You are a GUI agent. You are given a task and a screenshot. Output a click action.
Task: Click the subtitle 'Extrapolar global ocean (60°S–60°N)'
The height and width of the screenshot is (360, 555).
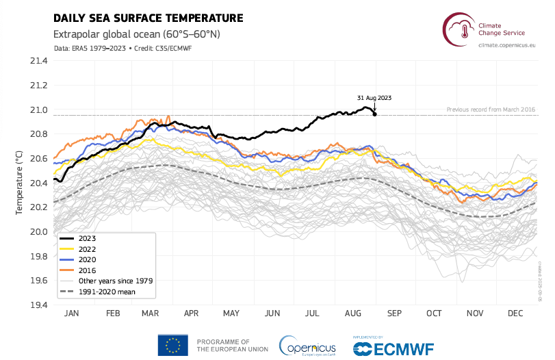point(136,34)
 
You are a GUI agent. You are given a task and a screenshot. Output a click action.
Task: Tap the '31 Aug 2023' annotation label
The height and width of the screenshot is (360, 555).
point(375,98)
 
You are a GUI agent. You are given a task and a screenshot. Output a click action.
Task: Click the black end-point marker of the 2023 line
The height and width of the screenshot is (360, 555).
point(374,114)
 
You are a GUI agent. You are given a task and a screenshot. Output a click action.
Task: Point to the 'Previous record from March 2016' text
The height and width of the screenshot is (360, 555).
point(490,110)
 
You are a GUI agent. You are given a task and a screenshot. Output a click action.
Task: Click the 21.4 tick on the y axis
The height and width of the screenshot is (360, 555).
point(39,61)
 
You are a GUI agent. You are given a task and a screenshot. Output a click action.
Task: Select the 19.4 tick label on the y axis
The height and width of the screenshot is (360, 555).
point(39,305)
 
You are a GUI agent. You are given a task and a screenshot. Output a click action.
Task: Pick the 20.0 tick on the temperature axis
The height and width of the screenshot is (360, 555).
point(39,232)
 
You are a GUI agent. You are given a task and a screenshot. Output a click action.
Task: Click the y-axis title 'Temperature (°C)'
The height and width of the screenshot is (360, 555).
point(18,183)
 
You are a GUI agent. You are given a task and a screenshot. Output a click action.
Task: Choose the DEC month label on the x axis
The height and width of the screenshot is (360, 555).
point(515,313)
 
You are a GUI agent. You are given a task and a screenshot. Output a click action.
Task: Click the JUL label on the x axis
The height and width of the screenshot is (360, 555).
point(313,313)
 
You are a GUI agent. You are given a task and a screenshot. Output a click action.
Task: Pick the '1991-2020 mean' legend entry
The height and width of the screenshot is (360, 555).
point(107,292)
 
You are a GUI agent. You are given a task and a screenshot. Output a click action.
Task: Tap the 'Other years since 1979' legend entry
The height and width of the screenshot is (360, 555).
point(115,281)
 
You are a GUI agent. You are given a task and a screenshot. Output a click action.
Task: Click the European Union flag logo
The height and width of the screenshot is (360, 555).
point(173,344)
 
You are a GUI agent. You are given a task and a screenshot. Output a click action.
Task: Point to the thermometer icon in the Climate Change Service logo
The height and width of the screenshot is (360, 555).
point(464,28)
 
